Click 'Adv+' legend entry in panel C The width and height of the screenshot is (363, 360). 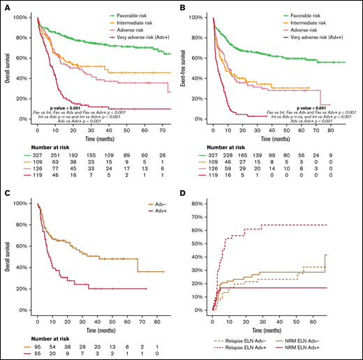coord(154,210)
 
